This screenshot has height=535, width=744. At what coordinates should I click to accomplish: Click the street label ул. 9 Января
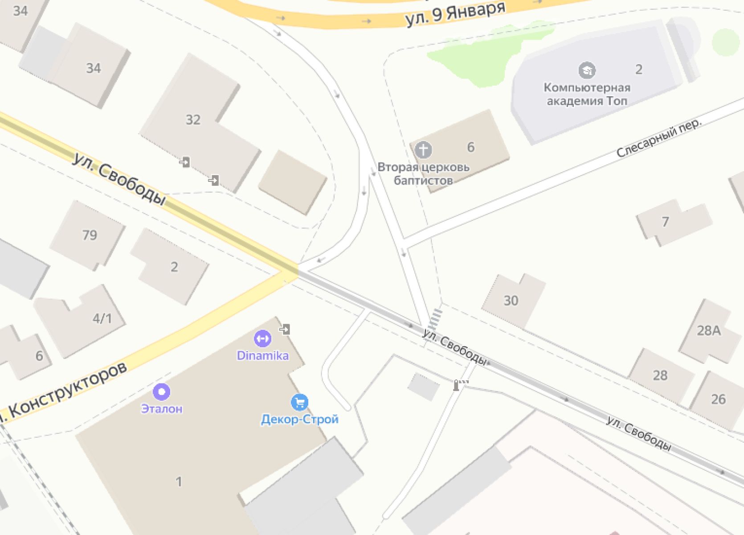click(x=455, y=13)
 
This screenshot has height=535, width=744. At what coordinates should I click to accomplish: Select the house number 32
click(x=193, y=119)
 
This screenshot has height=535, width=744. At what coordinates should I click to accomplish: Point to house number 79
click(x=90, y=235)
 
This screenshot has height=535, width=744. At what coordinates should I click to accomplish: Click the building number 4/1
click(x=102, y=318)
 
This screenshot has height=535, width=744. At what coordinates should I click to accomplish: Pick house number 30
click(x=511, y=300)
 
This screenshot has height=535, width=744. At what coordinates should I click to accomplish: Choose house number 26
click(x=718, y=399)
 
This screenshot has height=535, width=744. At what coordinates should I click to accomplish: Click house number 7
click(x=665, y=222)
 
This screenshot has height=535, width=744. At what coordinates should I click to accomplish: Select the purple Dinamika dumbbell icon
click(x=262, y=338)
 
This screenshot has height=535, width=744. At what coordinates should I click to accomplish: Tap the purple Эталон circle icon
click(x=161, y=392)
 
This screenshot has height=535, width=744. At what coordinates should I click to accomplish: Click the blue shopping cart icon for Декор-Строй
click(x=299, y=402)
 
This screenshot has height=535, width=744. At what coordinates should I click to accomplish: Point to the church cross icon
click(x=423, y=150)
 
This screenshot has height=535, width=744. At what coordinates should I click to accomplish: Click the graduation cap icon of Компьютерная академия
click(x=587, y=70)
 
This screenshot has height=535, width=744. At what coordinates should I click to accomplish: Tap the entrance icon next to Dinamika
click(x=285, y=329)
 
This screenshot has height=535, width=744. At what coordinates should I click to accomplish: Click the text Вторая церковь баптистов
click(x=423, y=173)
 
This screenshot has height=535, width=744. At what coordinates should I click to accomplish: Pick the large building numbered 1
click(x=179, y=481)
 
